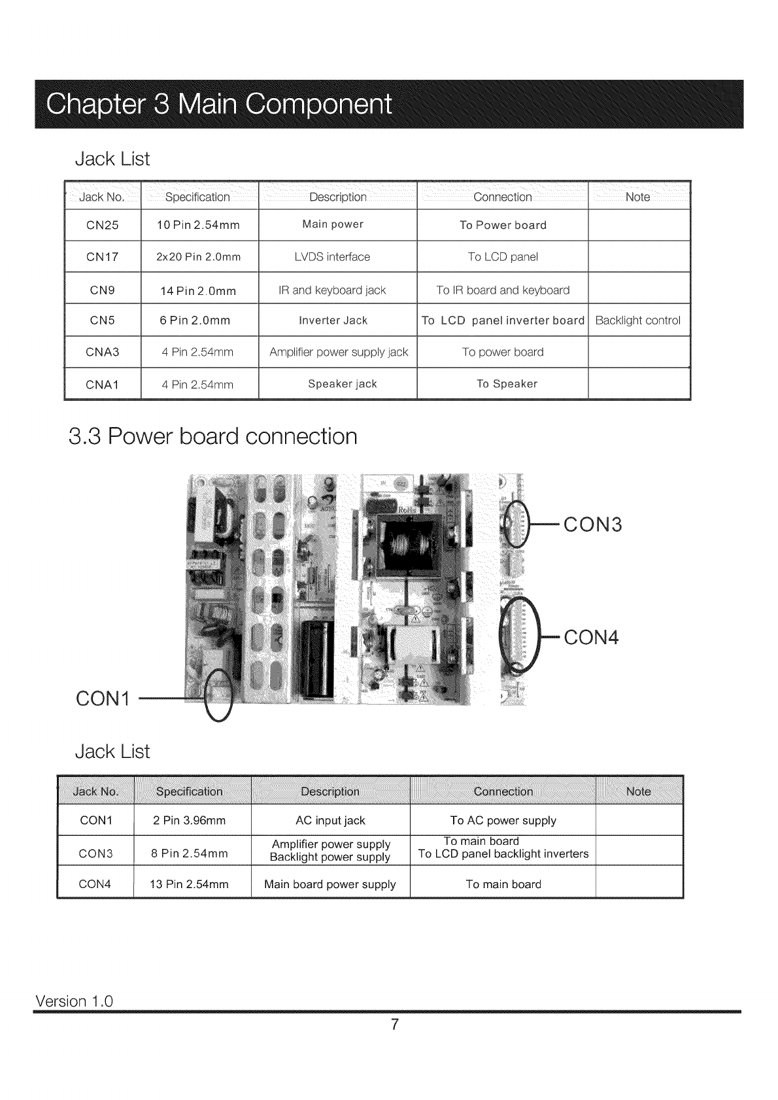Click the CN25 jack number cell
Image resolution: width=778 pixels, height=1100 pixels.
(x=103, y=225)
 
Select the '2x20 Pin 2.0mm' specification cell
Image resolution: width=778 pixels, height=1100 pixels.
(x=199, y=257)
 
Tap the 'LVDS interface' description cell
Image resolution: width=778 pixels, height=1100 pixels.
(x=332, y=257)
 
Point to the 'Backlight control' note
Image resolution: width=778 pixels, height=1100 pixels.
(x=637, y=320)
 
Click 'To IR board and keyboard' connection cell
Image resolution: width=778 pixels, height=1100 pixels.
(x=503, y=290)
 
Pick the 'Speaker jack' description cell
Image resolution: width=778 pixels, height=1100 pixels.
(x=343, y=384)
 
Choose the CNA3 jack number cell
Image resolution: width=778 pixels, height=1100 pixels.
(x=103, y=352)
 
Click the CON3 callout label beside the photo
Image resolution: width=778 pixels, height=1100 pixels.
(x=593, y=524)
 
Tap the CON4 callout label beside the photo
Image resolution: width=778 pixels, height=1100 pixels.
(x=591, y=637)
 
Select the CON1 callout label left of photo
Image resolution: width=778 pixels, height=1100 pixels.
(x=103, y=698)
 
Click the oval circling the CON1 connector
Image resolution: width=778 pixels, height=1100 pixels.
(x=219, y=696)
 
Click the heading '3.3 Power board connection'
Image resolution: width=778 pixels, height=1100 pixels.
(x=213, y=436)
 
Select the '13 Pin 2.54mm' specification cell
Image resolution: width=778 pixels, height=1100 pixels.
(x=189, y=884)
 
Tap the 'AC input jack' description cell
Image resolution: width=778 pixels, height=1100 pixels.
(x=330, y=820)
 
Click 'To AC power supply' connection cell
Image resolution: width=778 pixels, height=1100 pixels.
(x=503, y=820)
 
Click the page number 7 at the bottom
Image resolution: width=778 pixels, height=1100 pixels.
(x=394, y=1024)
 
